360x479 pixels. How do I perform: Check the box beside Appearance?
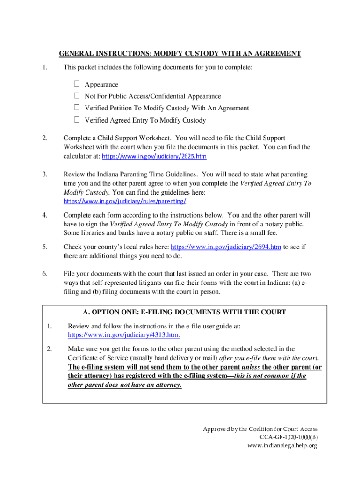[77, 84]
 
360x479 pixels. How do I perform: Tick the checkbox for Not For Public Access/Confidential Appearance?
[77, 96]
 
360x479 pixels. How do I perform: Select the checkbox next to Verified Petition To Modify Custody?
[77, 108]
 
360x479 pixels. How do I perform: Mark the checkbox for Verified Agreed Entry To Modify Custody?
[77, 120]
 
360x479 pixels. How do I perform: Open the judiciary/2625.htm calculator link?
[154, 156]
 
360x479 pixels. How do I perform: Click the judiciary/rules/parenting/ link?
[125, 201]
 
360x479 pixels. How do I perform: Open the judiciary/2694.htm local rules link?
[226, 247]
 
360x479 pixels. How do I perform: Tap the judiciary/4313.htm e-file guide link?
[124, 335]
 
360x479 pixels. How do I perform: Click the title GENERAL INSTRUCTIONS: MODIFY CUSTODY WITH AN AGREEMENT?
[180, 54]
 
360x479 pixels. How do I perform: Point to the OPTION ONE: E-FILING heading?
[184, 312]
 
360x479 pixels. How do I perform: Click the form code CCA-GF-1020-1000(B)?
[288, 437]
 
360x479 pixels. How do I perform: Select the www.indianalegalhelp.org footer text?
[282, 446]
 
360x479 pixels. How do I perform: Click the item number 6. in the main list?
[44, 274]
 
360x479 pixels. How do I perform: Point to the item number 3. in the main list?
[44, 174]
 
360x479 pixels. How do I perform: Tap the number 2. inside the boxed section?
[50, 348]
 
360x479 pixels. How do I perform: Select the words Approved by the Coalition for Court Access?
[260, 429]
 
